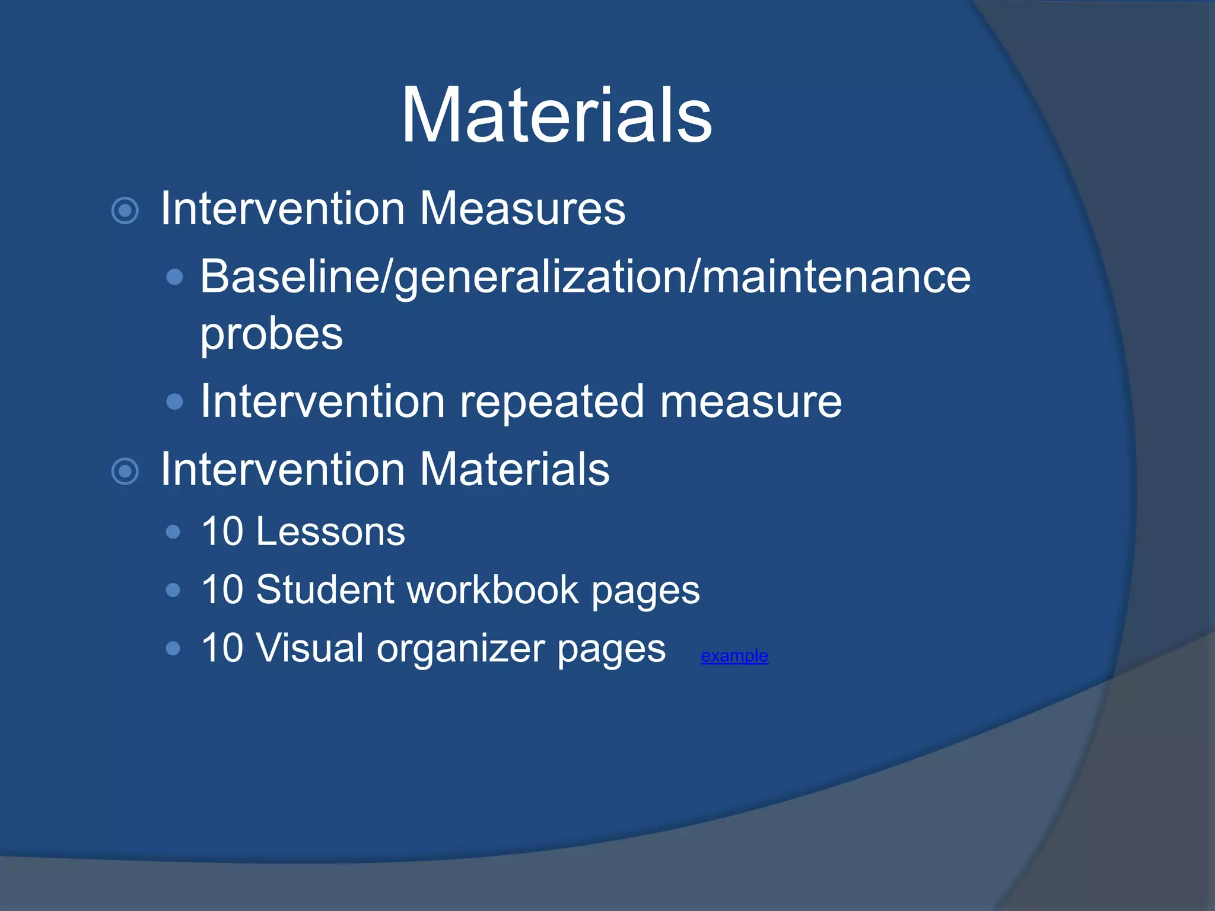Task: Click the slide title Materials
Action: [x=556, y=115]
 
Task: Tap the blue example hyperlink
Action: [x=734, y=656]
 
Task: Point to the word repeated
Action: [x=552, y=402]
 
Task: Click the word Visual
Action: [x=310, y=648]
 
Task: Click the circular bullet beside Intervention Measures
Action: [x=125, y=211]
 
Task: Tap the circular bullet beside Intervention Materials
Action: [x=125, y=472]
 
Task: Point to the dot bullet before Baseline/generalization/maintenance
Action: [x=174, y=277]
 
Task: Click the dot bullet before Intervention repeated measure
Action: [x=174, y=402]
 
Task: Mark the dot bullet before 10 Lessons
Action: [x=173, y=532]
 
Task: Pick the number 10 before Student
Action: [x=222, y=590]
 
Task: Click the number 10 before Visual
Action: [x=222, y=648]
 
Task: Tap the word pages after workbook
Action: [x=645, y=591]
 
